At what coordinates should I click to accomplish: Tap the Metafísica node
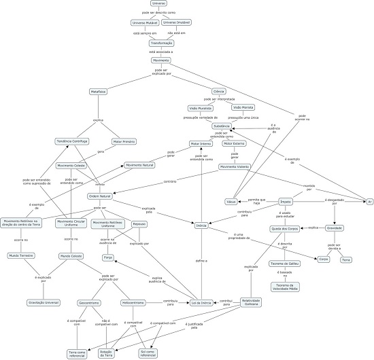[99, 90]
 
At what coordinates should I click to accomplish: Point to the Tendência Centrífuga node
[73, 141]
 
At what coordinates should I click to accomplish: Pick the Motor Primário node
[125, 141]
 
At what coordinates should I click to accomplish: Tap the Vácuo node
[231, 201]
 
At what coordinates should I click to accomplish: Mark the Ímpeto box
[286, 202]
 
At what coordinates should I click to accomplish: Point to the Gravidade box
[335, 228]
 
